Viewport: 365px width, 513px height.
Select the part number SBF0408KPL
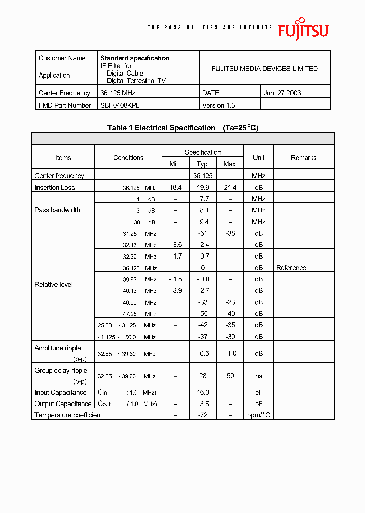[120, 105]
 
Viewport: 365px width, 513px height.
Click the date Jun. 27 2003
[282, 93]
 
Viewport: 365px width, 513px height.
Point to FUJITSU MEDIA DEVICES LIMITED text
[265, 69]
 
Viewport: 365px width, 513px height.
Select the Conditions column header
[128, 158]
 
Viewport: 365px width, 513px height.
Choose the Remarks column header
[304, 158]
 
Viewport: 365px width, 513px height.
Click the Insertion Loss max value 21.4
[230, 188]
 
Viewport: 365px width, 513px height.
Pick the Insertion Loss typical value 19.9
[203, 188]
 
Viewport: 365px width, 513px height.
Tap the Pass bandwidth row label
[57, 210]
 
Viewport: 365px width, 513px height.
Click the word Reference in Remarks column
[291, 268]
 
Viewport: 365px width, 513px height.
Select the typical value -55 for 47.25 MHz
[203, 314]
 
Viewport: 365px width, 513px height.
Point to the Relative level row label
[54, 284]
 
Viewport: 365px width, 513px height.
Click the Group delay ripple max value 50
[230, 376]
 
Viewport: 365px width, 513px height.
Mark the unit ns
[259, 376]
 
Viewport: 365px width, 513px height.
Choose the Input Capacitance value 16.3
[203, 392]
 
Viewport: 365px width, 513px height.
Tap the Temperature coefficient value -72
[203, 415]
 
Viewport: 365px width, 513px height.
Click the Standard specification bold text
[135, 58]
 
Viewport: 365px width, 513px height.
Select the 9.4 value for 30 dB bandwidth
[203, 222]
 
